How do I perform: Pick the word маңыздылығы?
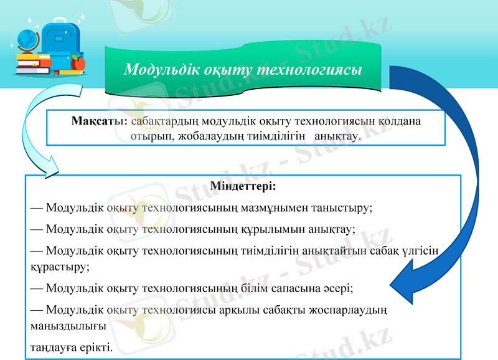(x=68, y=325)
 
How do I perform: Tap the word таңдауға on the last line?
(x=52, y=347)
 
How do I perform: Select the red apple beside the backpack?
(x=78, y=62)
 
